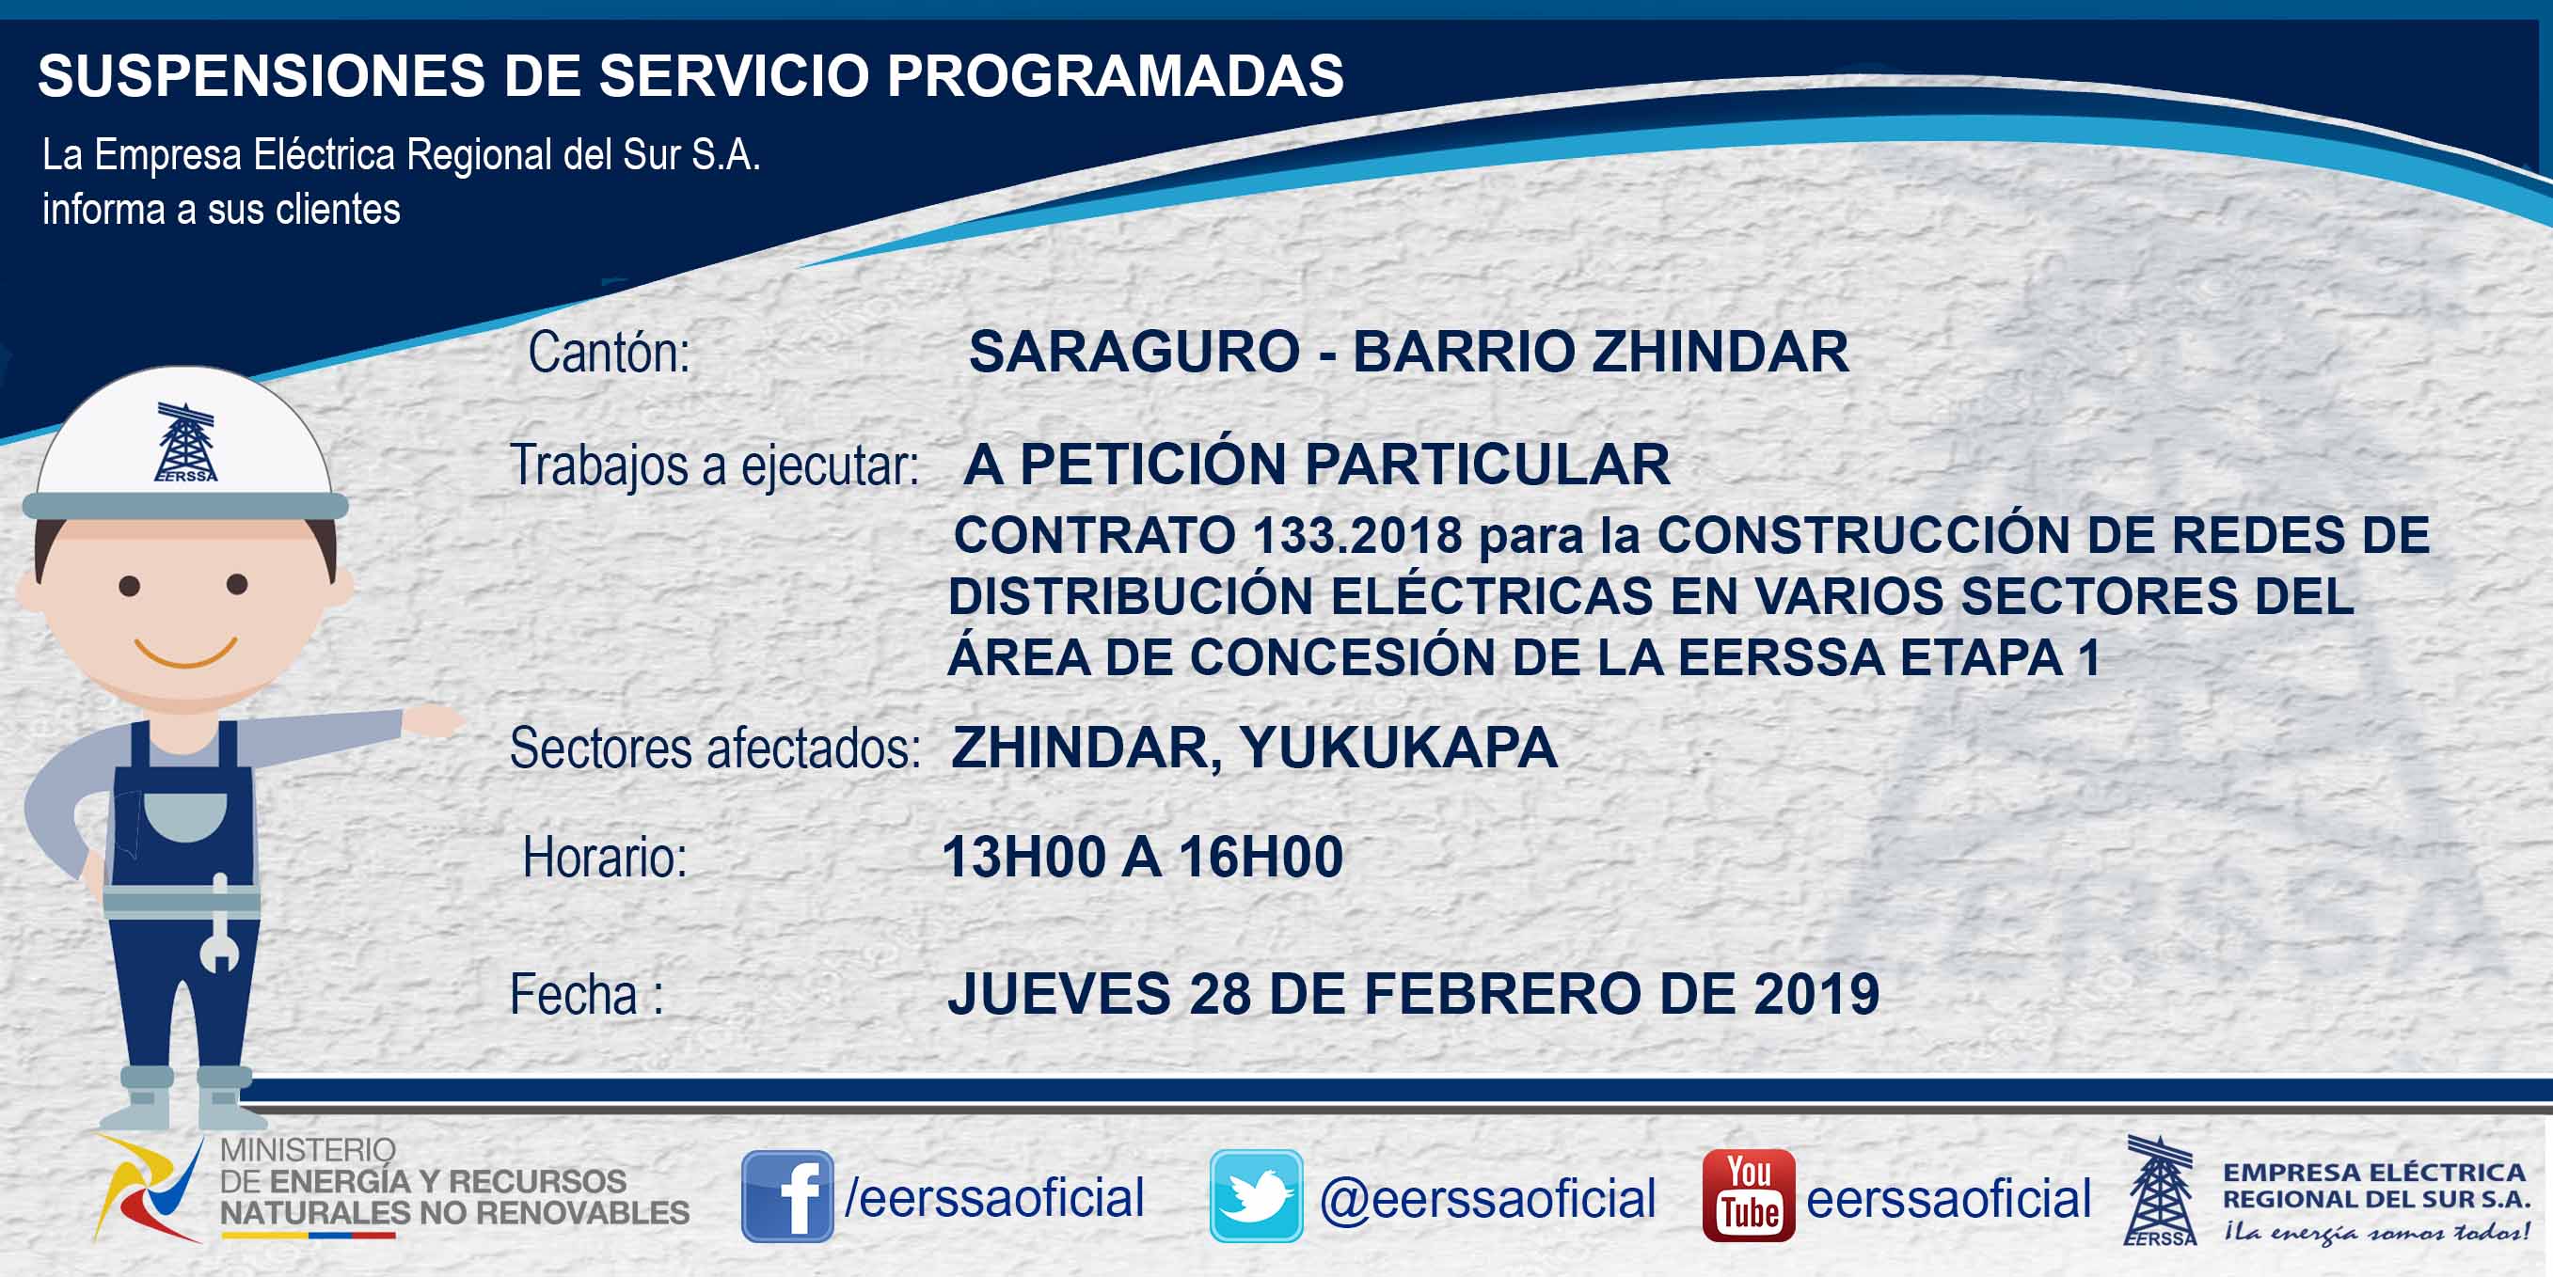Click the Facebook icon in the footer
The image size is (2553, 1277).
point(787,1196)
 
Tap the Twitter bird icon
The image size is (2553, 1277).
point(1256,1196)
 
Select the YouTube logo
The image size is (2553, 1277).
point(1748,1196)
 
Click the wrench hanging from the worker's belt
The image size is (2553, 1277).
point(219,923)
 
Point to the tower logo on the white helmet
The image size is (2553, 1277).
point(185,442)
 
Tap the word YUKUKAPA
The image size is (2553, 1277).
point(1398,747)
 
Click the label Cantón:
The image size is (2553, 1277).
point(609,353)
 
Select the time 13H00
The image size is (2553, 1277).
point(1023,857)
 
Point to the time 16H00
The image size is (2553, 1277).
point(1261,857)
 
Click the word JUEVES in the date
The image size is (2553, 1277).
point(1058,994)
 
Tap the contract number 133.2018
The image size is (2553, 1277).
point(1356,535)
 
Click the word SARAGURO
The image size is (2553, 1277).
point(1134,352)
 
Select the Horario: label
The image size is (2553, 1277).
point(605,857)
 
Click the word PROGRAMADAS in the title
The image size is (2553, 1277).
point(1115,75)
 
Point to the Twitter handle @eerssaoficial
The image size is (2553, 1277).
point(1487,1199)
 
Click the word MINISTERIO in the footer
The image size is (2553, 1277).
point(308,1150)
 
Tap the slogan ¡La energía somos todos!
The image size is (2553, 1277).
point(2375,1232)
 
